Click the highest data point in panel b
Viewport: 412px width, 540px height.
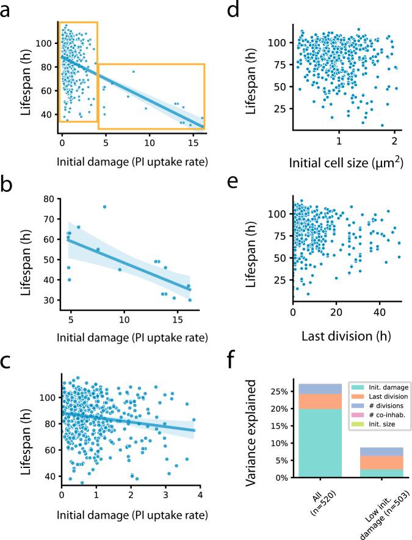[104, 206]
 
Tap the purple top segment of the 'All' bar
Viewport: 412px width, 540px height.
[320, 389]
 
